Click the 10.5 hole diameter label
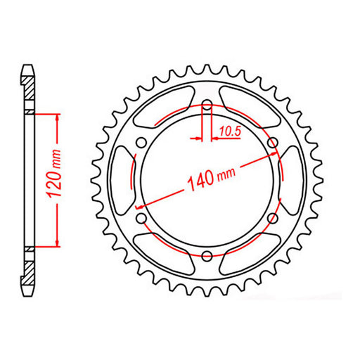[x=230, y=129]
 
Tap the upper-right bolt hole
[x=274, y=143]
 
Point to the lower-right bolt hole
[x=274, y=219]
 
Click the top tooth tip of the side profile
[x=28, y=67]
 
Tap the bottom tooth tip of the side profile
[x=28, y=294]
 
